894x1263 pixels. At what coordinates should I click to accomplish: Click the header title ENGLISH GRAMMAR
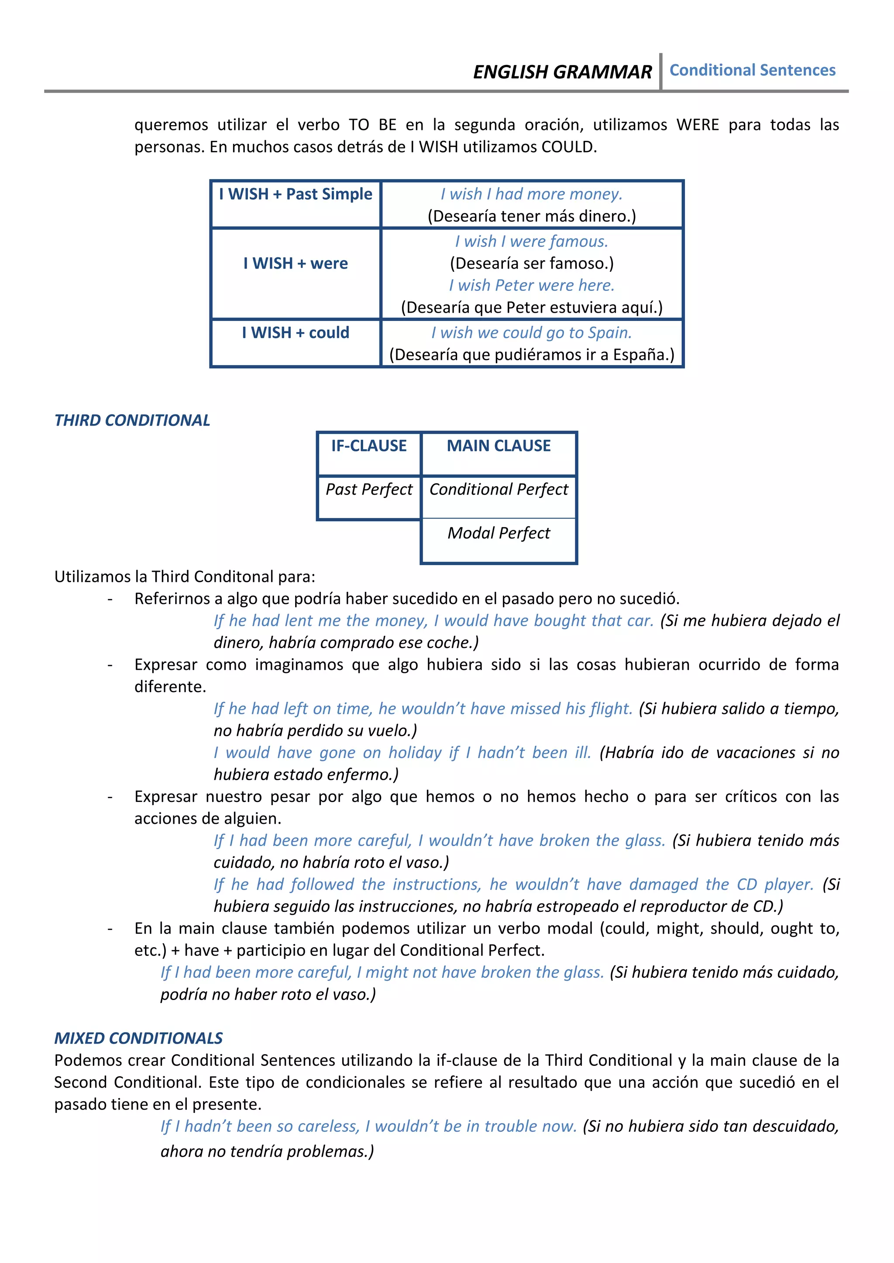pos(562,72)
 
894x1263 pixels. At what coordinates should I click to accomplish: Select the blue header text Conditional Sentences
pos(752,70)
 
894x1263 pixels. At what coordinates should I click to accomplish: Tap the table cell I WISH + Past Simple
pos(296,194)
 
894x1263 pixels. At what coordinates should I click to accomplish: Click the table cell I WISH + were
pos(296,263)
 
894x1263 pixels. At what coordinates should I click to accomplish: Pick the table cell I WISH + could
pos(296,333)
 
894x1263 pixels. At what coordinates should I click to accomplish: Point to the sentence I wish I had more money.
pos(531,194)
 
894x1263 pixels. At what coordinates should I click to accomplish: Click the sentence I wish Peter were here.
pos(531,286)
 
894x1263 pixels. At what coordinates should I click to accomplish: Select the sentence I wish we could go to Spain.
pos(531,333)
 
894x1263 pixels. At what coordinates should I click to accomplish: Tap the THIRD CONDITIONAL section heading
pos(132,420)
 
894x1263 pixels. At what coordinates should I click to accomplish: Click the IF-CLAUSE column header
pos(369,446)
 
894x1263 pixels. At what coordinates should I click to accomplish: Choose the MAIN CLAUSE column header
pos(498,446)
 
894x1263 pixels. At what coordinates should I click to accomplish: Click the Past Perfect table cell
pos(369,490)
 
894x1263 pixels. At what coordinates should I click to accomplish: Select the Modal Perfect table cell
pos(498,533)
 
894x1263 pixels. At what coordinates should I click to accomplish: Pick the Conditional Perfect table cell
pos(498,490)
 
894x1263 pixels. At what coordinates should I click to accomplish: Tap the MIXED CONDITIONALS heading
pos(138,1038)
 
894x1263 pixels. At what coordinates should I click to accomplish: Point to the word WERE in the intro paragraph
pos(697,125)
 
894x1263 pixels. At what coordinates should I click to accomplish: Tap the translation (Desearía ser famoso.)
pos(531,263)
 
